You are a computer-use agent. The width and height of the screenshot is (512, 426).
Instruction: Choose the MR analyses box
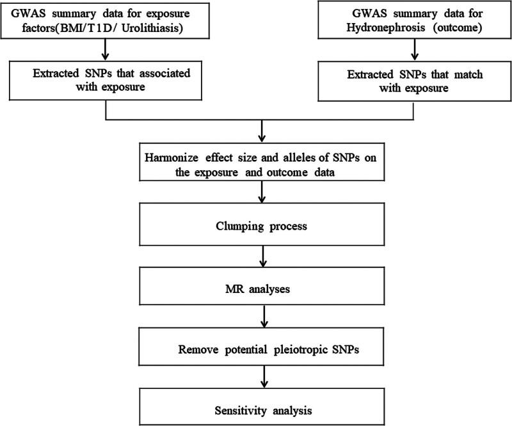click(262, 288)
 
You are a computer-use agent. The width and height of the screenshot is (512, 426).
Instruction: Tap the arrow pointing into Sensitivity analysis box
click(262, 377)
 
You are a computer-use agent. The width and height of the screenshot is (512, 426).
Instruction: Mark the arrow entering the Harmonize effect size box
click(262, 133)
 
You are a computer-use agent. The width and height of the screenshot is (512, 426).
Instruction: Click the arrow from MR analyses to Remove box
click(262, 317)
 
